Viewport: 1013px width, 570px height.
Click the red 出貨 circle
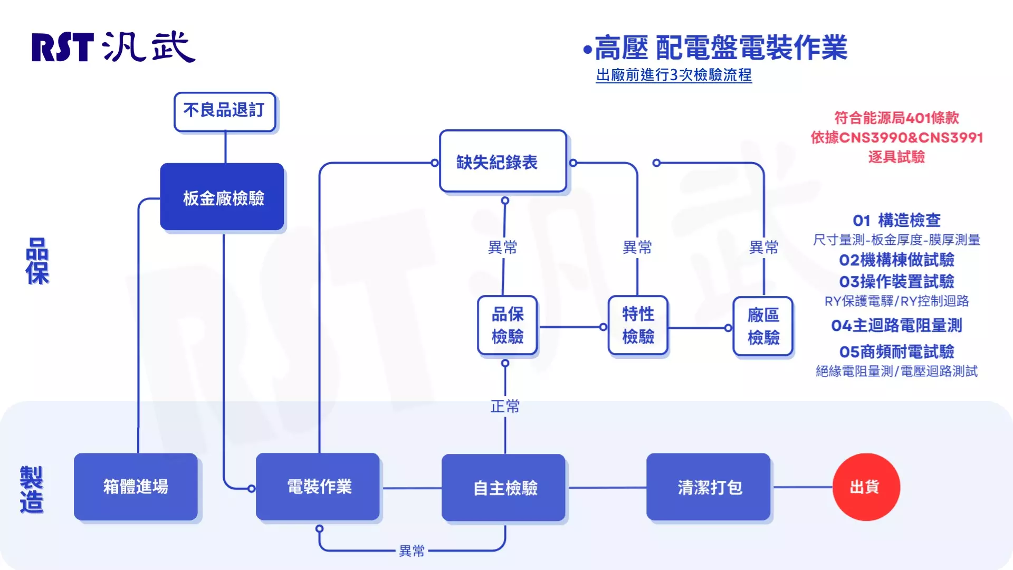[x=866, y=487]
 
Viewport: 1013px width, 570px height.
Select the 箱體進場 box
[x=136, y=487]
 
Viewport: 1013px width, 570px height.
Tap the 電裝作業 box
[x=318, y=487]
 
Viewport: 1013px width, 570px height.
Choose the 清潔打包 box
[x=709, y=487]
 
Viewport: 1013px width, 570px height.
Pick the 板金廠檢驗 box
[x=222, y=197]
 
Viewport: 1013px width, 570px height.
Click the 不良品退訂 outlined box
[x=224, y=111]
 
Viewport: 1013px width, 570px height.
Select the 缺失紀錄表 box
[x=503, y=161]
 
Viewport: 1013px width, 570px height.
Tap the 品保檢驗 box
[x=507, y=325]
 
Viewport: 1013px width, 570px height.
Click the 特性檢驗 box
[x=638, y=325]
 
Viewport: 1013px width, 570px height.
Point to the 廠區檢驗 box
[x=763, y=326]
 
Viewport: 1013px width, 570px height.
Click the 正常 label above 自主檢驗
[x=505, y=406]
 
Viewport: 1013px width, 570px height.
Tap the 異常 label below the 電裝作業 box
[x=412, y=551]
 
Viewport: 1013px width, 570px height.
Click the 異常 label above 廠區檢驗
[x=763, y=247]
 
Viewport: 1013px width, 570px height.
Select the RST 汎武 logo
[x=113, y=47]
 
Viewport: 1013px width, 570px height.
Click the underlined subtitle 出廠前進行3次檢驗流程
[x=674, y=75]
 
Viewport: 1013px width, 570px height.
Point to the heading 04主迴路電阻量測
[x=896, y=326]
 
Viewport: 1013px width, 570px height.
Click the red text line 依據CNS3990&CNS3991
[x=896, y=137]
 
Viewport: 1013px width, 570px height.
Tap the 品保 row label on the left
[x=37, y=261]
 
